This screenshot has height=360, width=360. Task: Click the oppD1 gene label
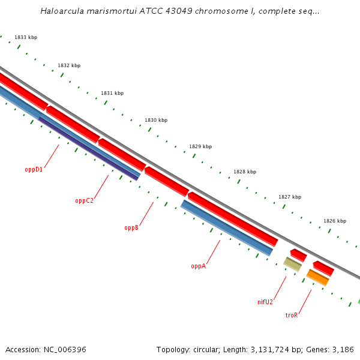pyautogui.click(x=34, y=169)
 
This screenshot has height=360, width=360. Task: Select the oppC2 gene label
pyautogui.click(x=84, y=200)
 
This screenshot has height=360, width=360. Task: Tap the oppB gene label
pyautogui.click(x=131, y=227)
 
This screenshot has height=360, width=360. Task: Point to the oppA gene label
pyautogui.click(x=198, y=266)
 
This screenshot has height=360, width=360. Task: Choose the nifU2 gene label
pyautogui.click(x=265, y=302)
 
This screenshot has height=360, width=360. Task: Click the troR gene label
pyautogui.click(x=292, y=314)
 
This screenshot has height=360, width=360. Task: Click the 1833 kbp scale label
pyautogui.click(x=26, y=37)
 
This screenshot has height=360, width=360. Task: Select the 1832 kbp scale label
pyautogui.click(x=69, y=65)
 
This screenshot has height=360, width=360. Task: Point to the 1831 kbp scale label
pyautogui.click(x=112, y=93)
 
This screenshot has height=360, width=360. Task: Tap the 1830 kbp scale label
pyautogui.click(x=156, y=120)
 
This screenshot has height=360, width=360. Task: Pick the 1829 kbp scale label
pyautogui.click(x=200, y=146)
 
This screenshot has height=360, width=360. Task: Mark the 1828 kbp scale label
pyautogui.click(x=245, y=172)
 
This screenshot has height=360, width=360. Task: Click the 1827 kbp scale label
pyautogui.click(x=290, y=197)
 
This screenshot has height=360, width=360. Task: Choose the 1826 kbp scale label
pyautogui.click(x=335, y=221)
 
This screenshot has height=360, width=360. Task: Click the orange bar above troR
pyautogui.click(x=318, y=278)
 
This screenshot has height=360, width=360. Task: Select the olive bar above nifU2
pyautogui.click(x=292, y=263)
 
